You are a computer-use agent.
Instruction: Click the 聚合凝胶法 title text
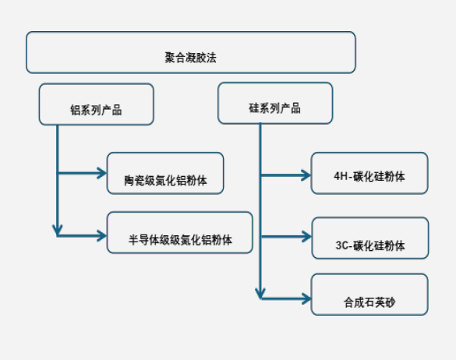(190, 58)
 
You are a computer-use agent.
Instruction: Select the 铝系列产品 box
(96, 104)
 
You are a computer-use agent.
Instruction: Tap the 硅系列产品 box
(275, 103)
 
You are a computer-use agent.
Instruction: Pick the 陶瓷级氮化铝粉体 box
(165, 173)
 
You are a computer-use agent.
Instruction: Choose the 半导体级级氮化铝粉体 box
(180, 232)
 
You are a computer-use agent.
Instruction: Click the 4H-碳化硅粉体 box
(369, 173)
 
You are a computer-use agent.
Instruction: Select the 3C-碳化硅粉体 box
(370, 238)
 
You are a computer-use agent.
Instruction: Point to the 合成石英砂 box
(369, 295)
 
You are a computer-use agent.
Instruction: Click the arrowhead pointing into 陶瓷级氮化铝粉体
(102, 173)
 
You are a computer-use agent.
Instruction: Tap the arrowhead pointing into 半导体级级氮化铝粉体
(102, 236)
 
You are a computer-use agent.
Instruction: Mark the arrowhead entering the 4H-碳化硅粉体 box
(306, 175)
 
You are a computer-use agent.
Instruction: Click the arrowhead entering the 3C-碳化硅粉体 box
(307, 237)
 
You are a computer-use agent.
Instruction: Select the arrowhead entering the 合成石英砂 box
(306, 298)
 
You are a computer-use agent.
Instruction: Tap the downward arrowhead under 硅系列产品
(260, 294)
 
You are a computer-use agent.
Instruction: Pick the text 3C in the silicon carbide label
(342, 245)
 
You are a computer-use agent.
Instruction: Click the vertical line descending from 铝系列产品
(58, 180)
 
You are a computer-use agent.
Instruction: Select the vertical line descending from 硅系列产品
(260, 211)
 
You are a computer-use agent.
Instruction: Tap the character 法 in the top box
(211, 58)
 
